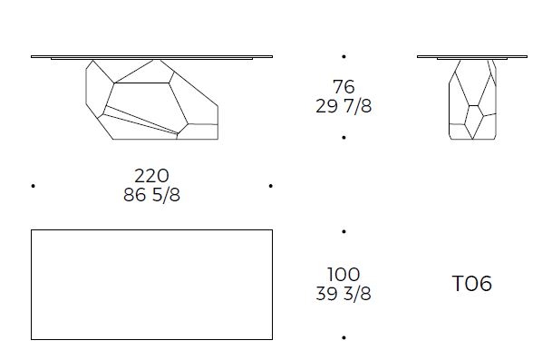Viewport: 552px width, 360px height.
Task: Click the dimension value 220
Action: (x=151, y=175)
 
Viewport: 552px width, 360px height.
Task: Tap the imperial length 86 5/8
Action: (x=151, y=194)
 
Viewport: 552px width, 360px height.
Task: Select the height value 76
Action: (x=344, y=87)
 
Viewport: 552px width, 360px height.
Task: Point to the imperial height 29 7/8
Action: (x=344, y=106)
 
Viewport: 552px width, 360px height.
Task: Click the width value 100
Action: (x=344, y=275)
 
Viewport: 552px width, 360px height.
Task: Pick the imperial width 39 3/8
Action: (x=344, y=294)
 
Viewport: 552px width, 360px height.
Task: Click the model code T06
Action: (x=471, y=284)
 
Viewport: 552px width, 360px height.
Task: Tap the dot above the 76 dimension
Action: (x=344, y=56)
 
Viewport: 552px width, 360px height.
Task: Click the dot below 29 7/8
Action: (x=344, y=137)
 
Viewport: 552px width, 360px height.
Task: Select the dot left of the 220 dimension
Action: (x=34, y=186)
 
